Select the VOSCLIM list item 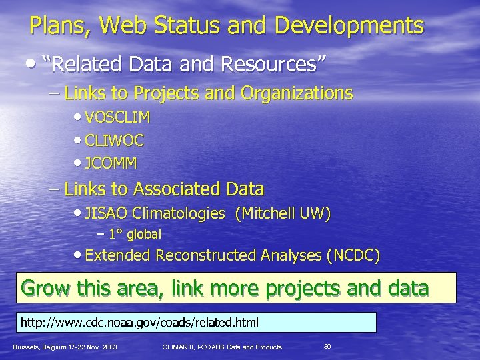tap(118, 118)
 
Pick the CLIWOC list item tap(115, 140)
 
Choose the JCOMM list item tap(112, 162)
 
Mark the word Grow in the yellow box tap(45, 288)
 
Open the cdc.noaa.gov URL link tap(139, 323)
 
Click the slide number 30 tap(327, 345)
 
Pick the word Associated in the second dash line tap(173, 189)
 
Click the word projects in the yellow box tap(306, 288)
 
